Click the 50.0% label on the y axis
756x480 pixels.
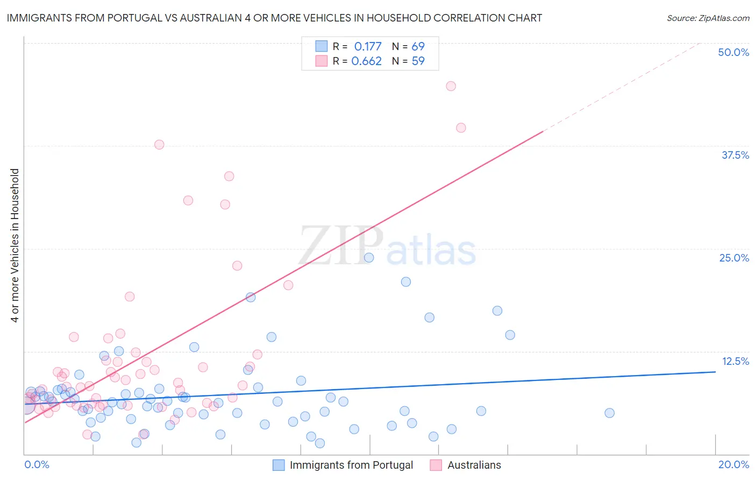pos(733,52)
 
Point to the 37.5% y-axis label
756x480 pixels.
pos(735,155)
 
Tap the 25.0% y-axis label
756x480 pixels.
pos(734,258)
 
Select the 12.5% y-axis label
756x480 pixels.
pos(735,361)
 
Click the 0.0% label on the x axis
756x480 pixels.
pos(37,464)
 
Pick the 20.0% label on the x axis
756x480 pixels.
pos(733,464)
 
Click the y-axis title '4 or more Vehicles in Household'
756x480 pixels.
pos(15,245)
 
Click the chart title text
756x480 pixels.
pos(274,18)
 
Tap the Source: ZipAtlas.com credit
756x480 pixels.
pos(708,18)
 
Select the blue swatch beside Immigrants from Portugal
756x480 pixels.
pos(279,465)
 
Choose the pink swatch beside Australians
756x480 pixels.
pos(436,465)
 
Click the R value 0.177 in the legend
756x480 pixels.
pos(368,46)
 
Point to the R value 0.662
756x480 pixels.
pos(367,61)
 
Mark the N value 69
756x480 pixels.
pos(418,46)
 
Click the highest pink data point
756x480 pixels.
pos(451,86)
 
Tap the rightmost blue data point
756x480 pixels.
pos(609,413)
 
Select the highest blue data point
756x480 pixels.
pos(369,258)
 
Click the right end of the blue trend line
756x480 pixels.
pos(715,372)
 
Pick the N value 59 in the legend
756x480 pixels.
pos(418,61)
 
